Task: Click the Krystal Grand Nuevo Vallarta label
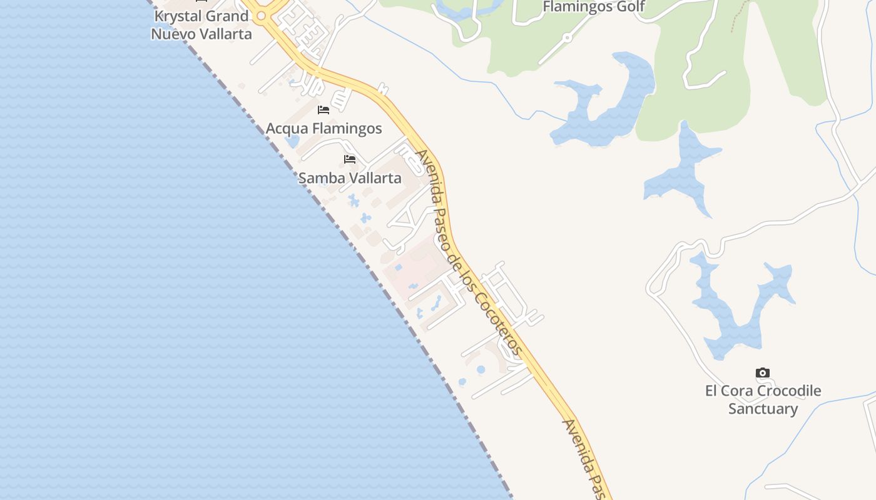[x=201, y=25]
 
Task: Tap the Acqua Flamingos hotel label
[x=323, y=129]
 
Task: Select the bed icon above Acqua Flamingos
[x=323, y=110]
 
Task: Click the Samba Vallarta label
[x=350, y=178]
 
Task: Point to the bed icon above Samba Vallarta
[x=350, y=159]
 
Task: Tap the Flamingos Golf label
[x=594, y=7]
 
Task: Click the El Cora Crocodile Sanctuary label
[x=763, y=399]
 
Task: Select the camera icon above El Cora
[x=762, y=373]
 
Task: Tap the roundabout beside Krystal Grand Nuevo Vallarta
[x=262, y=16]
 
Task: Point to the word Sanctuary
[x=763, y=409]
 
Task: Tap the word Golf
[x=629, y=7]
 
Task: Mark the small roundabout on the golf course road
[x=567, y=37]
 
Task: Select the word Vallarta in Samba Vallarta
[x=375, y=178]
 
